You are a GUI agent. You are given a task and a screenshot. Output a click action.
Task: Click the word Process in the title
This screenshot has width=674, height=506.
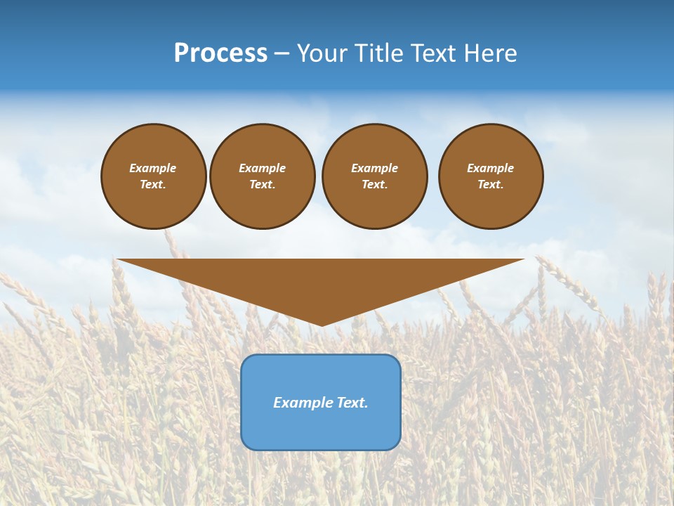click(220, 53)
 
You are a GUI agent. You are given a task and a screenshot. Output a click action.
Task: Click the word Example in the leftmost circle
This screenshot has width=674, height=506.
click(153, 168)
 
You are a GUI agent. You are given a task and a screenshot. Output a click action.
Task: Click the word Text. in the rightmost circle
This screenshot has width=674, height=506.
click(491, 184)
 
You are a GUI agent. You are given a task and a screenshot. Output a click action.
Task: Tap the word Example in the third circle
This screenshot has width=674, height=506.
click(374, 168)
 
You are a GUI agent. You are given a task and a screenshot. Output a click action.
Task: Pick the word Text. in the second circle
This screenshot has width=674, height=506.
click(262, 184)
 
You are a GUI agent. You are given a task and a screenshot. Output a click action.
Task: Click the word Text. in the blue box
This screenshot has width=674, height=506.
click(352, 403)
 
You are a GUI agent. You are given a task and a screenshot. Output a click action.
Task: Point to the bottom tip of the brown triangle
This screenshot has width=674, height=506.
click(322, 324)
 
